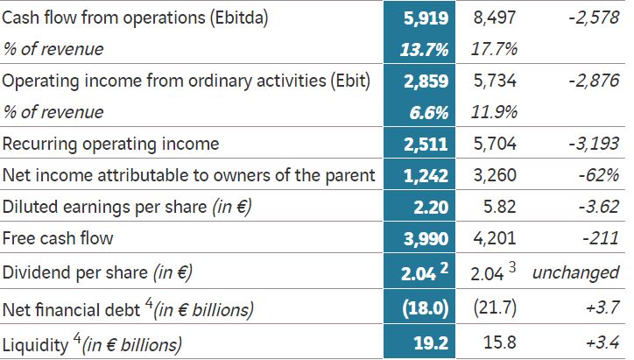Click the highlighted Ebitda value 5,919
pyautogui.click(x=426, y=18)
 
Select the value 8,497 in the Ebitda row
pyautogui.click(x=495, y=18)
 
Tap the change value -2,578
pyautogui.click(x=594, y=18)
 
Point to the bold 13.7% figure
pyautogui.click(x=424, y=50)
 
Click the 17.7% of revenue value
pyautogui.click(x=494, y=49)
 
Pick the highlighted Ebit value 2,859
pyautogui.click(x=426, y=81)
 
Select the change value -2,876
pyautogui.click(x=594, y=81)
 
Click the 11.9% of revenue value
pyautogui.click(x=494, y=112)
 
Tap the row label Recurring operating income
pyautogui.click(x=111, y=145)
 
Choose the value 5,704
pyautogui.click(x=495, y=144)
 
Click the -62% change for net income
pyautogui.click(x=599, y=175)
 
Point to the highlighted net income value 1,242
pyautogui.click(x=426, y=176)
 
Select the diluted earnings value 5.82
pyautogui.click(x=500, y=207)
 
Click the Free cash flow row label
pyautogui.click(x=58, y=238)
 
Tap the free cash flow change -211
pyautogui.click(x=601, y=238)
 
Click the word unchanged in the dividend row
pyautogui.click(x=576, y=272)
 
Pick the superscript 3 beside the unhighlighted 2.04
pyautogui.click(x=512, y=267)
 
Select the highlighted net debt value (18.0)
pyautogui.click(x=426, y=308)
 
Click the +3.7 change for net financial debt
pyautogui.click(x=602, y=307)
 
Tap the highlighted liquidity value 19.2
pyautogui.click(x=431, y=343)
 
